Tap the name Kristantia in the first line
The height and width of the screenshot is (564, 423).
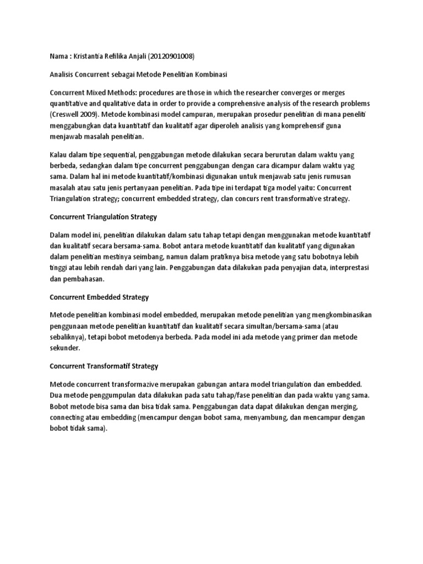(x=89, y=56)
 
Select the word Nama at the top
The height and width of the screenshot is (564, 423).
(x=59, y=56)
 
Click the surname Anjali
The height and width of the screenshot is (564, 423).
(x=132, y=56)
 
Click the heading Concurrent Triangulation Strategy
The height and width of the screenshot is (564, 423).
(x=103, y=217)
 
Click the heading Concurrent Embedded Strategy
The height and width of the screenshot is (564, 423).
(x=99, y=297)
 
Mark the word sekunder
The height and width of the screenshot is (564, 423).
(x=64, y=348)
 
